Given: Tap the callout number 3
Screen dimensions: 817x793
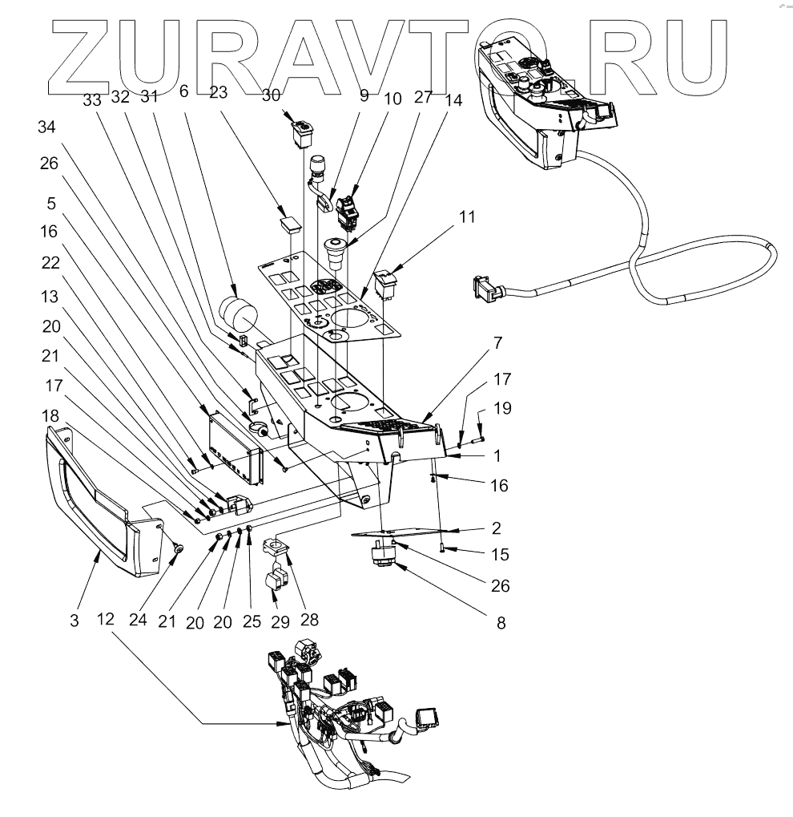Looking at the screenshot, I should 74,621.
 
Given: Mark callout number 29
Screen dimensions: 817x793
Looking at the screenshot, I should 280,621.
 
